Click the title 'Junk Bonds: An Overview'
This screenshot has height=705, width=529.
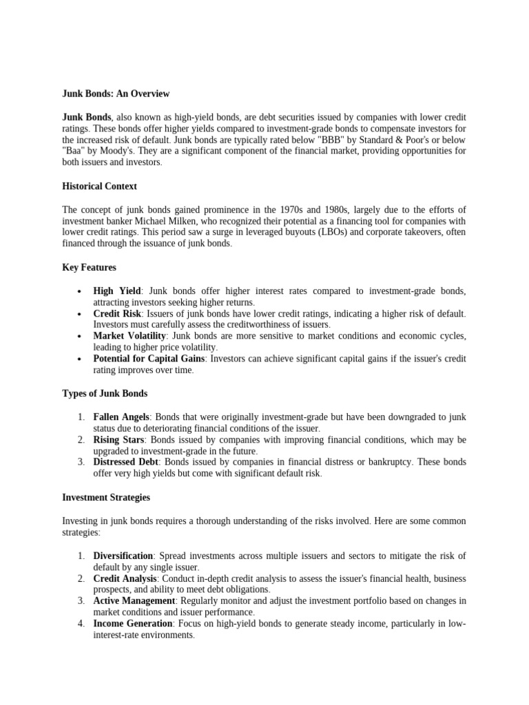(116, 94)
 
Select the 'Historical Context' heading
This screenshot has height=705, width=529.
(99, 186)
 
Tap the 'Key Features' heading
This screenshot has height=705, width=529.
(89, 267)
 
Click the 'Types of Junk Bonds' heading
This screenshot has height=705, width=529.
(105, 394)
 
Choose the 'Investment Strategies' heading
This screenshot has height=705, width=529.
(106, 497)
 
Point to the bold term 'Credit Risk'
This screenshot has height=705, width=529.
(117, 313)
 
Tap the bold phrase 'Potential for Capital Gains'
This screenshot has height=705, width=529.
(149, 359)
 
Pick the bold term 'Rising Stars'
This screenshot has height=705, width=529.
(119, 440)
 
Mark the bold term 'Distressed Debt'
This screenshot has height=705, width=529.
(126, 462)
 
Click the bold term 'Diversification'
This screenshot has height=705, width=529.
(123, 556)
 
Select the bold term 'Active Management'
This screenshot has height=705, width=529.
(134, 601)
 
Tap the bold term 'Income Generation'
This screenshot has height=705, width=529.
(133, 624)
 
